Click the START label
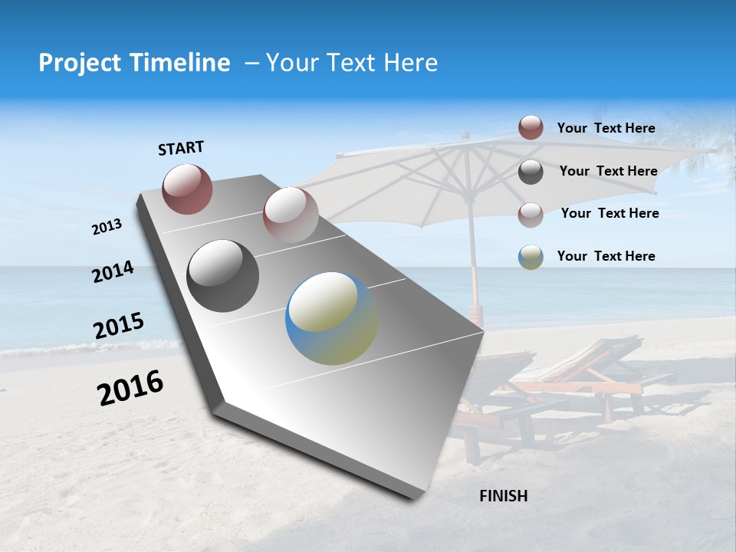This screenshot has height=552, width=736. pyautogui.click(x=181, y=148)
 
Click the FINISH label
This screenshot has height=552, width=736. pyautogui.click(x=503, y=496)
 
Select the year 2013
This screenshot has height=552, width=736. pyautogui.click(x=107, y=227)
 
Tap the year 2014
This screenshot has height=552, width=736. pyautogui.click(x=113, y=272)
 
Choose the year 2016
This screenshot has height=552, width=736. pyautogui.click(x=130, y=388)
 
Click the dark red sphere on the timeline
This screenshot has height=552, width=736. pyautogui.click(x=187, y=189)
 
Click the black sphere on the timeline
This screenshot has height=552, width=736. pyautogui.click(x=223, y=276)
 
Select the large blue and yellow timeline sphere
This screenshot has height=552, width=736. pyautogui.click(x=331, y=318)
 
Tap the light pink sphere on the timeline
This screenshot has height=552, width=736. pyautogui.click(x=290, y=214)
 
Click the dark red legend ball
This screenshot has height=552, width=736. pyautogui.click(x=531, y=127)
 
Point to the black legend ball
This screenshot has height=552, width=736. pyautogui.click(x=531, y=172)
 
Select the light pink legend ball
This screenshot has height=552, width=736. pyautogui.click(x=531, y=215)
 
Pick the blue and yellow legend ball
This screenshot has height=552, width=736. pyautogui.click(x=531, y=257)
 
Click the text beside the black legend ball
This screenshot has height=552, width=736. pyautogui.click(x=608, y=171)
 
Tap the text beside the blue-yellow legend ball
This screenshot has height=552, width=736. pyautogui.click(x=606, y=256)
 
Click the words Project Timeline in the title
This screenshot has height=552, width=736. pyautogui.click(x=134, y=63)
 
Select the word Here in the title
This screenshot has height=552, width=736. pyautogui.click(x=410, y=63)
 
